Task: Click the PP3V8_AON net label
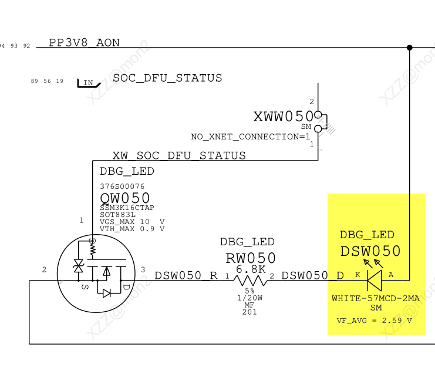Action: [x=84, y=42]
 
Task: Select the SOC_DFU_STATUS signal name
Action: [x=167, y=78]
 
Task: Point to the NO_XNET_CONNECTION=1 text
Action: [x=250, y=137]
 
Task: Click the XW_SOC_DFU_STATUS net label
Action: [x=179, y=156]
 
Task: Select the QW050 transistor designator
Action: [x=125, y=198]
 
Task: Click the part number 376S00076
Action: [x=122, y=186]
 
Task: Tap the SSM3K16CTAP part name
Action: [x=127, y=208]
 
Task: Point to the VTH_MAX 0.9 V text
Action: [x=132, y=229]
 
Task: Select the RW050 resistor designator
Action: [x=251, y=258]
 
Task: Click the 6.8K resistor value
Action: [x=251, y=269]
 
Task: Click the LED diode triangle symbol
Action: [x=375, y=281]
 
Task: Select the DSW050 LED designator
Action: [x=370, y=252]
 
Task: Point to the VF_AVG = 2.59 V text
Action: [x=374, y=321]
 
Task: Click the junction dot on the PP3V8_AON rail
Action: [x=409, y=48]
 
